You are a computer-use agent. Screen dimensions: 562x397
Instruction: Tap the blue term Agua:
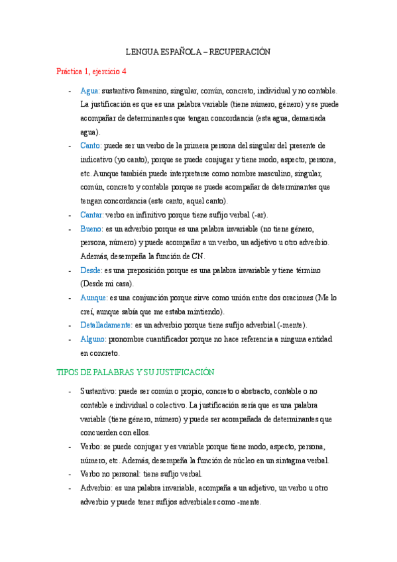90,91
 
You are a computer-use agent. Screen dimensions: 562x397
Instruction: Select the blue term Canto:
91,145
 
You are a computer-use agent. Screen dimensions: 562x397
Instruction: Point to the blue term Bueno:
91,229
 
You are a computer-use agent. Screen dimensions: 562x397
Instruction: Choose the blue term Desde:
91,270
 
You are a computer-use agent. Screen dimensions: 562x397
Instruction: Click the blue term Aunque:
93,298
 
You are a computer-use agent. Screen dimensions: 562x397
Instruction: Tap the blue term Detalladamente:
106,325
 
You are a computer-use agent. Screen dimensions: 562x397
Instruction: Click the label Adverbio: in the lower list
96,488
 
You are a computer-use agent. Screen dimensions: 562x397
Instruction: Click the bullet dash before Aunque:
70,298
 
